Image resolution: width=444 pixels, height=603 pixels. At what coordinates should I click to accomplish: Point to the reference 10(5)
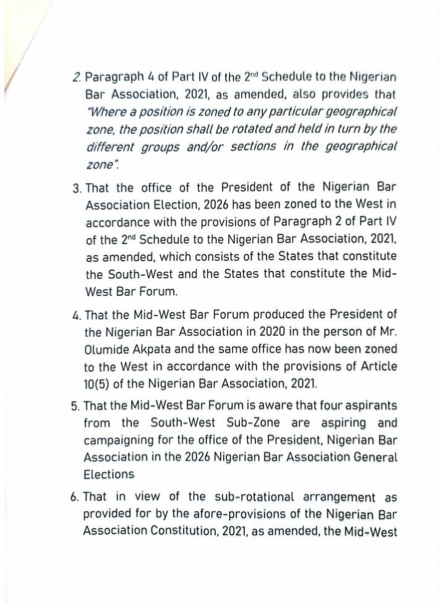tap(98, 383)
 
